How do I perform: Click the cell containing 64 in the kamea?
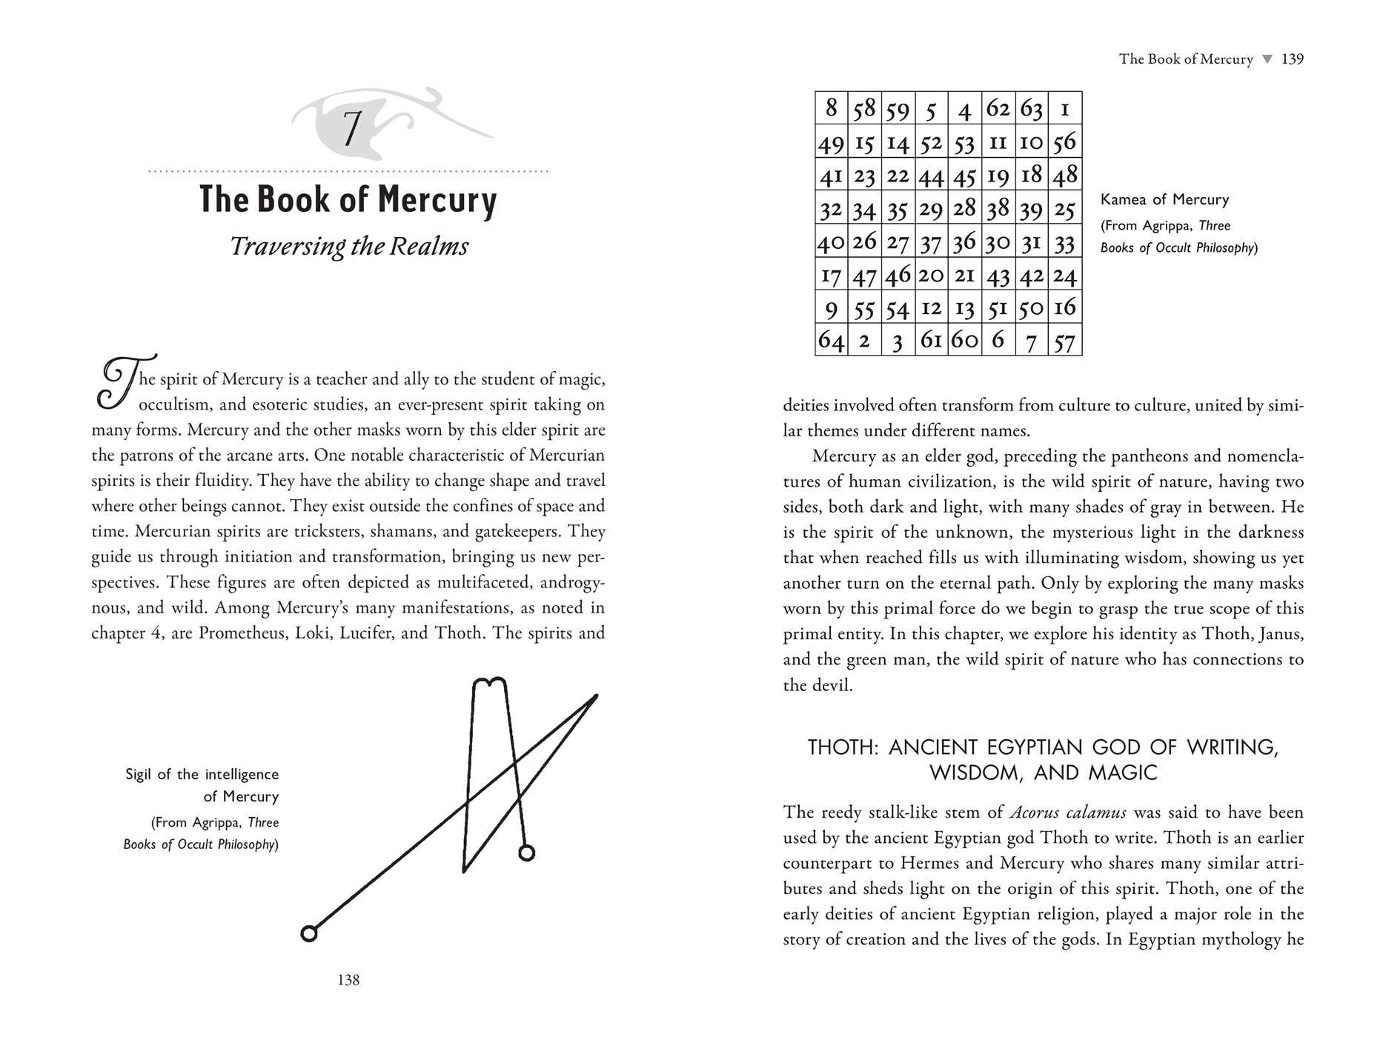pos(831,340)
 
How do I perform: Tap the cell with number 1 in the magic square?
pos(1064,109)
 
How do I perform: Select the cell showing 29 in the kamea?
pos(931,209)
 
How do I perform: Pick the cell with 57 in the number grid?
pos(1064,341)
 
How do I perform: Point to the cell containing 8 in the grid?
pos(831,108)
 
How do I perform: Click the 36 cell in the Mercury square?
pos(964,241)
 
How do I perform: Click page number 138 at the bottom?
pos(348,980)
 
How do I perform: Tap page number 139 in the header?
pos(1292,59)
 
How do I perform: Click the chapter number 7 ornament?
pos(351,128)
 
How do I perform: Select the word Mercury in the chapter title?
pos(437,199)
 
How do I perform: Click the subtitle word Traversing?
pos(286,246)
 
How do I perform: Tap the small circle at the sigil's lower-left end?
pos(309,933)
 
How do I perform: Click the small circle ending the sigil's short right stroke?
pos(526,853)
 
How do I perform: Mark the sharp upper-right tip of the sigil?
pos(596,696)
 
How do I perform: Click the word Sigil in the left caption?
pos(139,774)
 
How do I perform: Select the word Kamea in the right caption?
pos(1122,199)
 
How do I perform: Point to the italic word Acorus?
pos(1035,812)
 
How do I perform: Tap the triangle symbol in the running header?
pos(1267,59)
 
